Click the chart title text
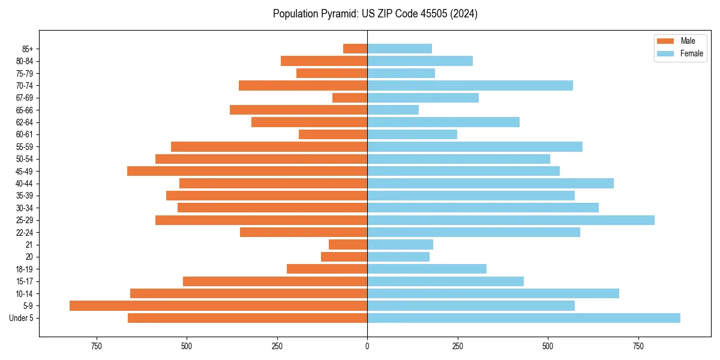tap(375, 14)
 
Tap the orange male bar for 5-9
tap(218, 306)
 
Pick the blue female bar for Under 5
tap(524, 318)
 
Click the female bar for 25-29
tap(511, 220)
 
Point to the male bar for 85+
tap(355, 49)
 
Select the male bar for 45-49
tap(247, 171)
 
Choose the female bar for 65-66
tap(393, 110)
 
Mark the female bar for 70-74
tap(470, 85)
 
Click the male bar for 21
tap(348, 245)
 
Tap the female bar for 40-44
tap(490, 184)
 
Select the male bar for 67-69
tap(350, 98)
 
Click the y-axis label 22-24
tap(25, 232)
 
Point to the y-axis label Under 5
tap(22, 318)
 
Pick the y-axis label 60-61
tap(25, 134)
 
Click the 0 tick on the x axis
tap(367, 346)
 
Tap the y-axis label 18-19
tap(25, 269)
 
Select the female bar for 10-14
tap(493, 293)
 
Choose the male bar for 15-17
tap(275, 281)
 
